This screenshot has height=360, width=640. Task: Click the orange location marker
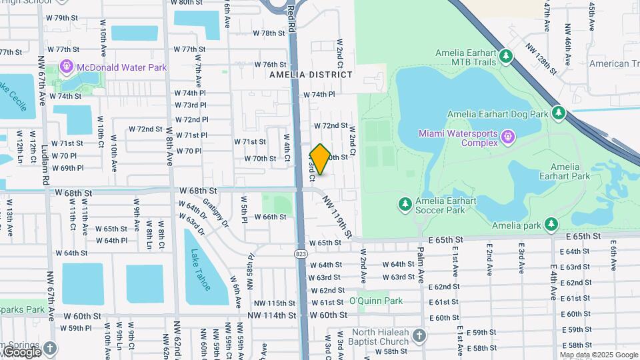(320, 159)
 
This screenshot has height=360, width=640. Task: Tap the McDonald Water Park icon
(66, 67)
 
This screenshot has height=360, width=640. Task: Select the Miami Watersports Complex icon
(507, 136)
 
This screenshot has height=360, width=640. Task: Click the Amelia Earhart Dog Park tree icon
(559, 114)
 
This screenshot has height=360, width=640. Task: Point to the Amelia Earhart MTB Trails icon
(507, 56)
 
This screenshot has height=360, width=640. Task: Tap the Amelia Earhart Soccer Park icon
(403, 203)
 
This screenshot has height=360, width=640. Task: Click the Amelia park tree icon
(550, 225)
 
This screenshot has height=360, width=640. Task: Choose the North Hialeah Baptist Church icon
(419, 335)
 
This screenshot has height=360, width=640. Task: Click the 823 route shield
(301, 253)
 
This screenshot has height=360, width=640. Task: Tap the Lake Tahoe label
(199, 269)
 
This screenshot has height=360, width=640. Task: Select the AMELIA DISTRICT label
(311, 75)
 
